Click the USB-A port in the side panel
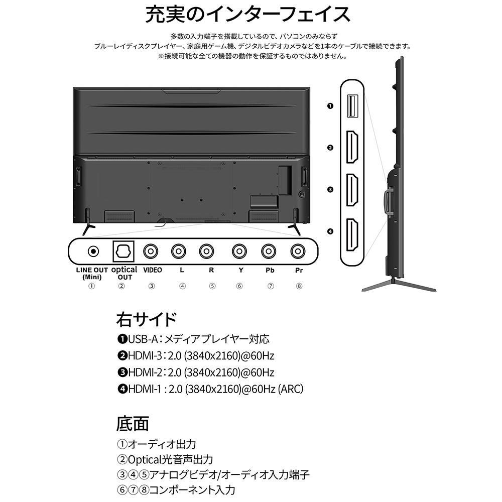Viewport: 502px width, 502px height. click(352, 106)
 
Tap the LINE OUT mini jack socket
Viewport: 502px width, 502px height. click(93, 252)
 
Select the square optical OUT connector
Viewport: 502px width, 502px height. click(123, 252)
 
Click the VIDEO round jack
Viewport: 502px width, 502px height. click(151, 252)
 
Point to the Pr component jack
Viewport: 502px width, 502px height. click(298, 252)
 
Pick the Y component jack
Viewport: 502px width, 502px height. click(239, 252)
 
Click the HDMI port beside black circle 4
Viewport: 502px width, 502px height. click(352, 234)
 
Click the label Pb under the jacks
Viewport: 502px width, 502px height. click(270, 270)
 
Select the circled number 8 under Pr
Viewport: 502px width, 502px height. click(299, 286)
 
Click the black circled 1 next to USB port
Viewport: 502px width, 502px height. click(330, 106)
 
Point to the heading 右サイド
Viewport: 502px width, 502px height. click(146, 319)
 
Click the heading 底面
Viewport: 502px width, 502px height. click(133, 424)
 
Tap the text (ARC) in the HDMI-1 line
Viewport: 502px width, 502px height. click(290, 389)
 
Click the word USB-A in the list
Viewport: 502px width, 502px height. click(143, 339)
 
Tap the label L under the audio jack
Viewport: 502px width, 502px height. click(182, 270)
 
